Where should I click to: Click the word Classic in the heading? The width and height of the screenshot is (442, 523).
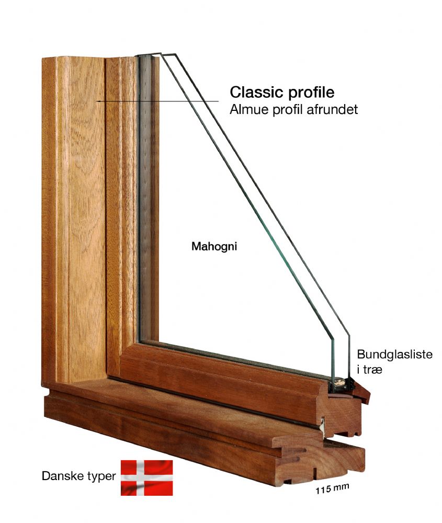(x=255, y=92)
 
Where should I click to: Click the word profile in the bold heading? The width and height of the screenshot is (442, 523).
(x=309, y=93)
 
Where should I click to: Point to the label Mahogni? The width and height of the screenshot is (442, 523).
(x=214, y=246)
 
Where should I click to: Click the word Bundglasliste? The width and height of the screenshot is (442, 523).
(x=394, y=354)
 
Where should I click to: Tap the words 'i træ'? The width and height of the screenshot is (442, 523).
(x=369, y=370)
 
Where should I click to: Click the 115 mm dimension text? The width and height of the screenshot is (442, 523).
(x=332, y=489)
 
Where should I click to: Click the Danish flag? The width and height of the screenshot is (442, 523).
(x=147, y=477)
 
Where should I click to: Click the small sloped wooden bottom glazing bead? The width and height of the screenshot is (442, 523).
(x=362, y=393)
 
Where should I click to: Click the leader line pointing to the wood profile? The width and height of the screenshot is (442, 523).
(x=157, y=101)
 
